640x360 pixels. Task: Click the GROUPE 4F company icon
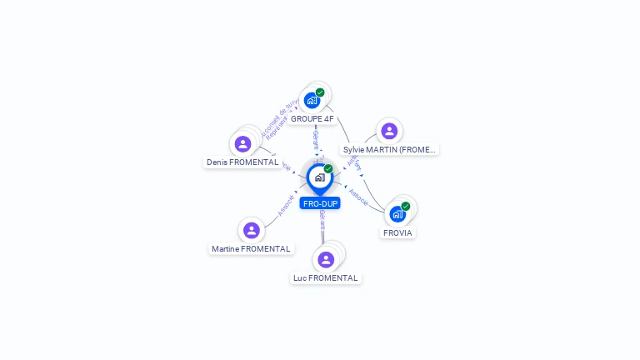tap(312, 101)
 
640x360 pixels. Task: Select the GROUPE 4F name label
tap(312, 119)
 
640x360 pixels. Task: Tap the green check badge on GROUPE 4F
tap(320, 92)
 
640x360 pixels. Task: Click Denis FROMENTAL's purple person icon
tap(242, 144)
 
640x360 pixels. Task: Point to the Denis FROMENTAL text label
tap(242, 162)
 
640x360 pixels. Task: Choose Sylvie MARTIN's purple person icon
tap(389, 131)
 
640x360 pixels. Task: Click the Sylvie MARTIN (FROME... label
tap(390, 150)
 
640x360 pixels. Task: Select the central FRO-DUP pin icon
tap(319, 177)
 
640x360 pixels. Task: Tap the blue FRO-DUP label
tap(321, 203)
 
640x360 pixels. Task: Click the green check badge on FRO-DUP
tap(328, 168)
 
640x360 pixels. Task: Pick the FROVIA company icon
tap(397, 214)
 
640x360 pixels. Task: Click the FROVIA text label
tap(398, 233)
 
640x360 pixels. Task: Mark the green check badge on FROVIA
tap(406, 206)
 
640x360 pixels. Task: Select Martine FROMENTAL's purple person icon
tap(252, 230)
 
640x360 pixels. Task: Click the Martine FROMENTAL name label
tap(251, 249)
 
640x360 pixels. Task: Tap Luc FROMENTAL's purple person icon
tap(326, 259)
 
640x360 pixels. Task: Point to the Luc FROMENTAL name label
tap(326, 278)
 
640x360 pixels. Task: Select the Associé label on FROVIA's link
tap(359, 197)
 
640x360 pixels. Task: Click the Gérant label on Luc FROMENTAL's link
tap(322, 221)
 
